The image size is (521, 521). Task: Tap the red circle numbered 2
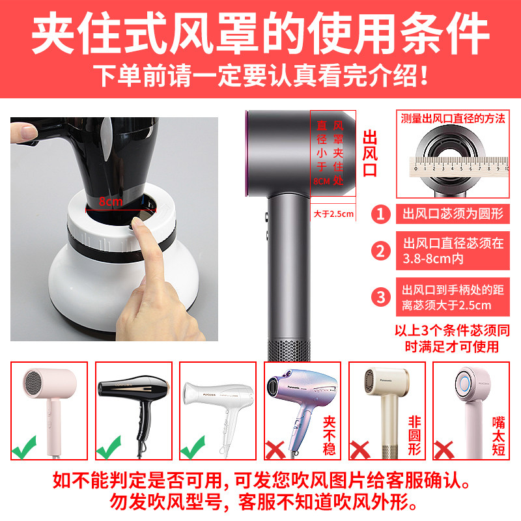point(381,251)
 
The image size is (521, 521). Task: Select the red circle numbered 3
point(381,297)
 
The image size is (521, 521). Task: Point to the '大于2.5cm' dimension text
point(333,214)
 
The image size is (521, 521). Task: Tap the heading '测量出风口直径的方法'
point(453,119)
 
